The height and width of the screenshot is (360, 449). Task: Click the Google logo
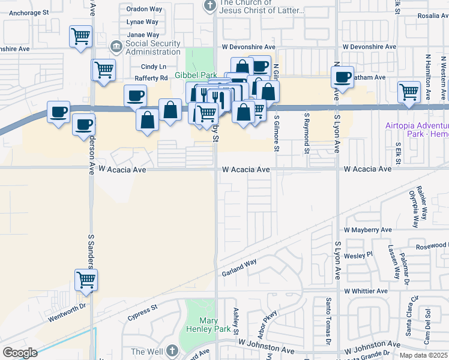20,353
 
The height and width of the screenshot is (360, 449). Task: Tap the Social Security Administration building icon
116,47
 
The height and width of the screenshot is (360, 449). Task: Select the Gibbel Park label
195,74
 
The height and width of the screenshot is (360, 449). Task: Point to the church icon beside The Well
172,350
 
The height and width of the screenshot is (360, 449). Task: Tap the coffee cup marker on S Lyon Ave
343,77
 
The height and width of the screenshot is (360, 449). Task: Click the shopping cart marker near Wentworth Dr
86,280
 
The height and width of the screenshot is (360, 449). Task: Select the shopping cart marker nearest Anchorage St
80,37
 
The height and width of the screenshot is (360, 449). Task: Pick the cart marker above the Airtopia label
409,93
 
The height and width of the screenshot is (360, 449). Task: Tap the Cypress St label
146,310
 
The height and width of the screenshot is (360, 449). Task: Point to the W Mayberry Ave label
367,230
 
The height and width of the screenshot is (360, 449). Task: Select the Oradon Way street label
145,9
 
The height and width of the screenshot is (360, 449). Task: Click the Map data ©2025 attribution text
423,355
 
